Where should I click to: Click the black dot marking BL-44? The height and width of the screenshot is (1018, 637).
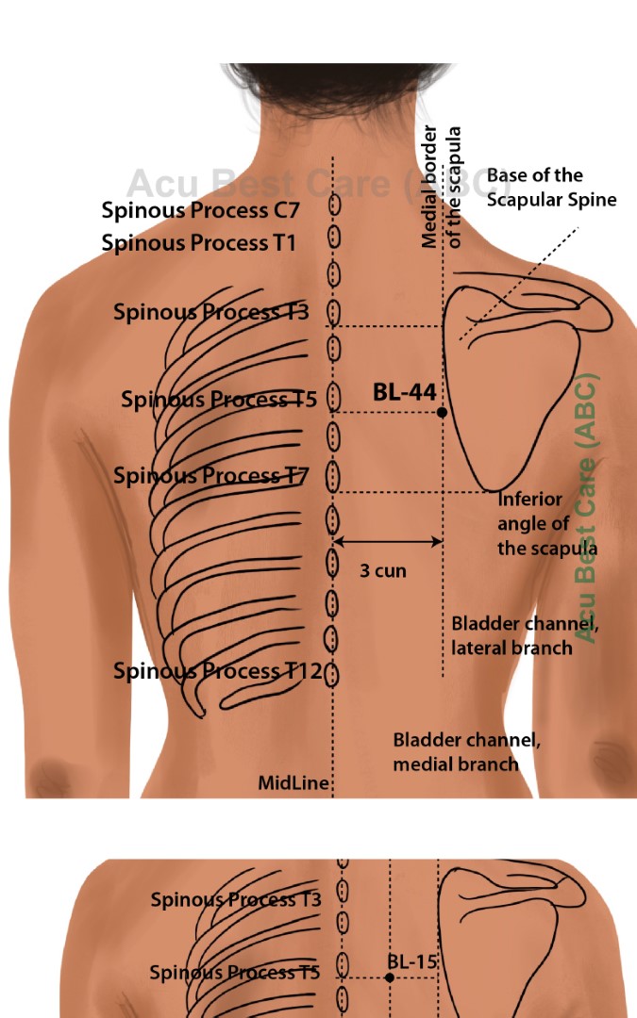[x=442, y=412]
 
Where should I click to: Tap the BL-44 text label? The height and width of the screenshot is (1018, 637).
[x=404, y=392]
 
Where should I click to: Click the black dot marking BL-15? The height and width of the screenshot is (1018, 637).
[x=390, y=977]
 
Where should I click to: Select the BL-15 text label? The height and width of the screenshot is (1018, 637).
[x=412, y=962]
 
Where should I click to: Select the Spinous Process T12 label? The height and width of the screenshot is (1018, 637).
[x=218, y=671]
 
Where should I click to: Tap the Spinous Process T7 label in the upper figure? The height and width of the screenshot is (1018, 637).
[x=211, y=476]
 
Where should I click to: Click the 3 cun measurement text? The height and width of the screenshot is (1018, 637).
[x=383, y=570]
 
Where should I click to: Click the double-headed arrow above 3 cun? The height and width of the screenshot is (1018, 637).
[x=388, y=541]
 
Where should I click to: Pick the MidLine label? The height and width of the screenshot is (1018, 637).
[x=293, y=783]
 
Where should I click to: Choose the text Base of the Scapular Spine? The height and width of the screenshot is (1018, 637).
[x=551, y=188]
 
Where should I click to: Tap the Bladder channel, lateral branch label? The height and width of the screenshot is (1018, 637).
[x=525, y=635]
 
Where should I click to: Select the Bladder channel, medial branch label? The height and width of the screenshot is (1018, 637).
[x=466, y=751]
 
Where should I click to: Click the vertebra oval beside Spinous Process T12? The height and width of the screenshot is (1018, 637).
[x=332, y=673]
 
